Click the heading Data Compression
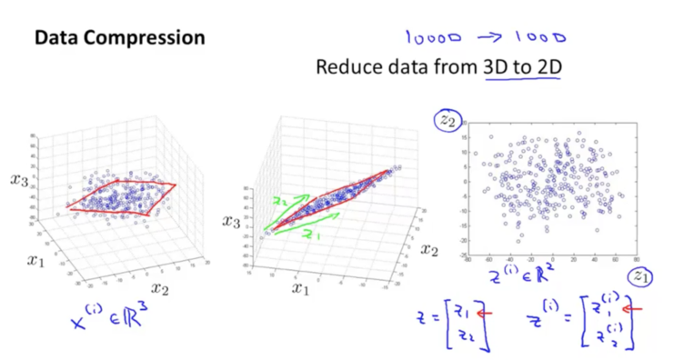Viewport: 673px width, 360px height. [x=119, y=38]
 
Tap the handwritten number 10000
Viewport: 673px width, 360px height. [x=434, y=37]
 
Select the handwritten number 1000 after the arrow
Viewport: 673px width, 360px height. [x=542, y=38]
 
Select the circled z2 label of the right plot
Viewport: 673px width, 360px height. [x=447, y=118]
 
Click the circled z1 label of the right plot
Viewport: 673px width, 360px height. [x=642, y=275]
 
